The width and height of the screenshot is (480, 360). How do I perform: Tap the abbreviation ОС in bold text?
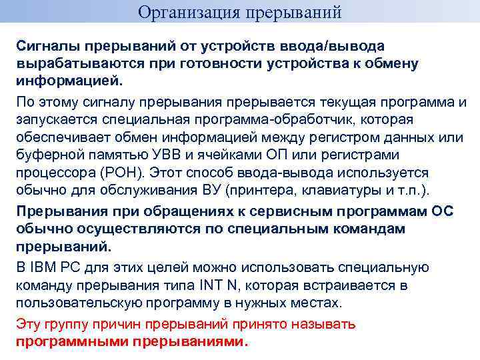pos(439,211)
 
